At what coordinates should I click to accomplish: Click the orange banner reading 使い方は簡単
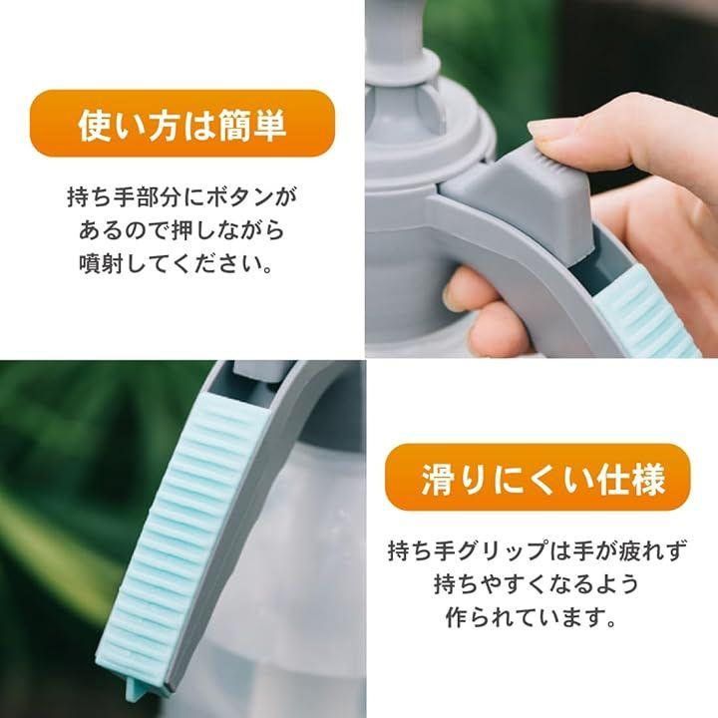point(182,124)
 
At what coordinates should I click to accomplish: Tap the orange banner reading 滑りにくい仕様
point(537,477)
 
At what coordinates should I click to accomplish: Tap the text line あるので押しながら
point(181,230)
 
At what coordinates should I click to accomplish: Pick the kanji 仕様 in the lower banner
point(631,479)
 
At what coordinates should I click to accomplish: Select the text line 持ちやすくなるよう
point(537,583)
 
